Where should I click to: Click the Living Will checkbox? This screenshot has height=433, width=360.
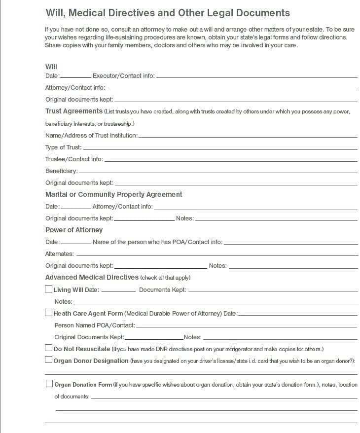coord(48,289)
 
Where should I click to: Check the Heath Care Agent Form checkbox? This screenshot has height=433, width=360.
coord(48,312)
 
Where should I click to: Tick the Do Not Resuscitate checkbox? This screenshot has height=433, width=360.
coord(48,348)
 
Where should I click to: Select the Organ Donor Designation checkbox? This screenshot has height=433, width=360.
coord(48,360)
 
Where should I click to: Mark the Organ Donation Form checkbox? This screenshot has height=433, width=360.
coord(49,383)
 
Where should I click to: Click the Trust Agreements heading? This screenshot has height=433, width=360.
coord(74,111)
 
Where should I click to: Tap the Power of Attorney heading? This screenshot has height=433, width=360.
coord(74,230)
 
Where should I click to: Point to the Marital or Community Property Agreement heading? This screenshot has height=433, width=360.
coord(114,194)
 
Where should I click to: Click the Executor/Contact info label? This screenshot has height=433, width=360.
coord(123,76)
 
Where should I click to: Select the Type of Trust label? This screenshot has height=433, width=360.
coord(63,147)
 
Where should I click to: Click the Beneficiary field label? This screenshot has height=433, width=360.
coord(62,171)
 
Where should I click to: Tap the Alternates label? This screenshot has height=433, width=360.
coord(60,254)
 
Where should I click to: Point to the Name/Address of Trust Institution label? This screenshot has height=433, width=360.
coord(91,136)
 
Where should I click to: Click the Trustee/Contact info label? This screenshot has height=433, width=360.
coord(74,159)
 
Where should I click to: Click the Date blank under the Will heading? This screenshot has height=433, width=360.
coord(76,76)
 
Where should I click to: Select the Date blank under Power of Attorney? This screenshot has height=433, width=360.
coord(76,242)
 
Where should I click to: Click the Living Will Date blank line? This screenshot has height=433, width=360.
coord(118,290)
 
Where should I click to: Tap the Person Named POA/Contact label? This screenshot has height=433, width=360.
coord(94,325)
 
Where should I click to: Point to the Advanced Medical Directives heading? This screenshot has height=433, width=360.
coord(92,277)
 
